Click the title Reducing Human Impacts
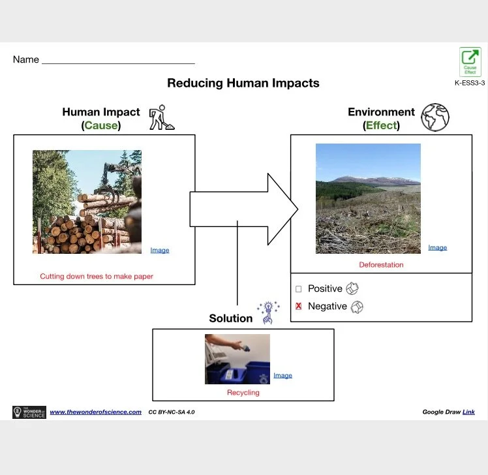[243, 83]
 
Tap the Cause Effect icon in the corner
[470, 62]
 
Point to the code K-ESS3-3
[470, 83]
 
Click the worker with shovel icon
[160, 118]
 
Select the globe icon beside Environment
[435, 117]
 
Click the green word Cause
[101, 125]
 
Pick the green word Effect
[382, 125]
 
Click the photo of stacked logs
[87, 202]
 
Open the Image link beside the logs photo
[159, 251]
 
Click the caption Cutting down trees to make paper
[97, 277]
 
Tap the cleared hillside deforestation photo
[368, 198]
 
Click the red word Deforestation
[381, 265]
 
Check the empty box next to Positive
[299, 288]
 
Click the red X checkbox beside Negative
[299, 306]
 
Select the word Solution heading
[230, 318]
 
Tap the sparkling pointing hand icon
[267, 313]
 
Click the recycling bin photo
[237, 359]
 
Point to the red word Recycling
[243, 393]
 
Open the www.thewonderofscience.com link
[95, 412]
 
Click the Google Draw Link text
[468, 412]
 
